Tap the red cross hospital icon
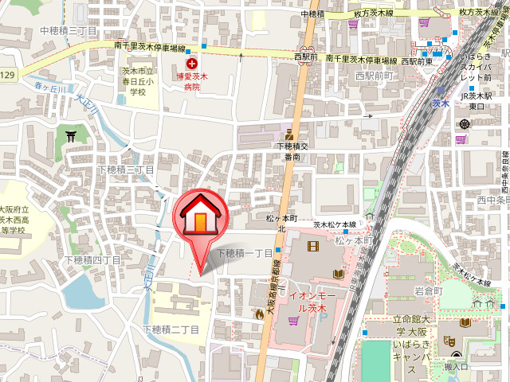click(191, 63)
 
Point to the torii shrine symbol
click(71, 136)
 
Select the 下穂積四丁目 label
click(92, 260)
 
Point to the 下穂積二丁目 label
click(171, 329)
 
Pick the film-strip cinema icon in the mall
click(312, 246)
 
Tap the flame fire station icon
click(259, 314)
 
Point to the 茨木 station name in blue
click(441, 103)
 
